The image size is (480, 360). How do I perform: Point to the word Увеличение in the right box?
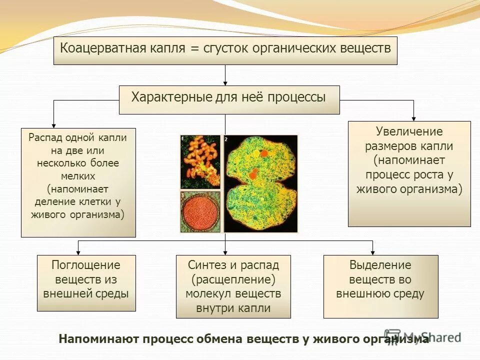coord(409,132)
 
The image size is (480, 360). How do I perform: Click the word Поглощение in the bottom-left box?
coord(86,265)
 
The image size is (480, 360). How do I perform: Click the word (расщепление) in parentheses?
coord(233,279)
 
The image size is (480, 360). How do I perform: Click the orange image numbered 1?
coord(200,161)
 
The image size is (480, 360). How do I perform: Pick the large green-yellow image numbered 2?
coord(260,183)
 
